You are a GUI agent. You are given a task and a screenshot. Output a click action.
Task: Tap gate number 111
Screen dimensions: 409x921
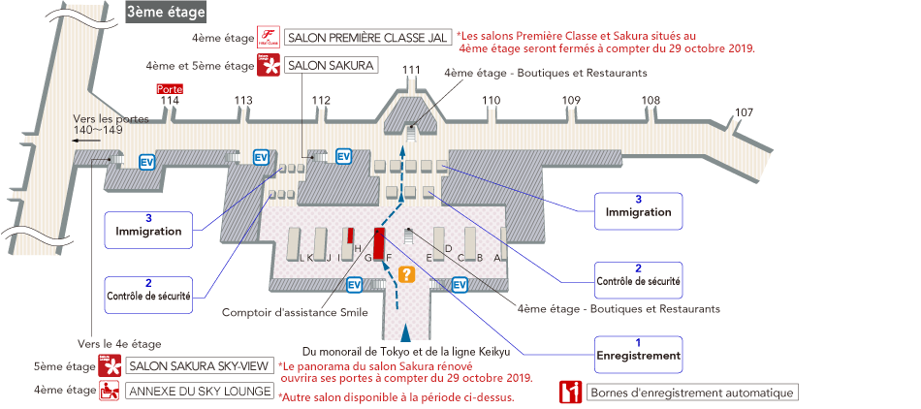[411, 70]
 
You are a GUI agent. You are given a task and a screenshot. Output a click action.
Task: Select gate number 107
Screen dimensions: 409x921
[744, 112]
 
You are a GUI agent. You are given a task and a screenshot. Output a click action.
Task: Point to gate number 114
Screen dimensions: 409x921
[170, 100]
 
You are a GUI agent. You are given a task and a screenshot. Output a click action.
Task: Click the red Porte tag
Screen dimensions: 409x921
[170, 89]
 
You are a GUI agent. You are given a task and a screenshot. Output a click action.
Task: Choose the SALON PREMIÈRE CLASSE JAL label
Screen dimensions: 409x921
[368, 38]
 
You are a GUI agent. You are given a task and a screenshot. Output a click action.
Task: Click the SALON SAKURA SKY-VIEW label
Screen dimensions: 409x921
[199, 367]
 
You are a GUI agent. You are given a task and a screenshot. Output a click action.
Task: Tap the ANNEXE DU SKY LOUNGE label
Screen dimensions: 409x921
[199, 392]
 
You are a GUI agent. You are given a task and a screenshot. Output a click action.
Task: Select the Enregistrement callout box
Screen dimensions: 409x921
[638, 349]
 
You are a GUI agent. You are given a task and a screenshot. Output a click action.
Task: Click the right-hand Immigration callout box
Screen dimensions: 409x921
[638, 205]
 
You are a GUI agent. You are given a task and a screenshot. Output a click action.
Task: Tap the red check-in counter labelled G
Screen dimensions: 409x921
[380, 242]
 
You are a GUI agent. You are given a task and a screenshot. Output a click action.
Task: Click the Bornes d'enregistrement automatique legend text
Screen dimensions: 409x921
[692, 393]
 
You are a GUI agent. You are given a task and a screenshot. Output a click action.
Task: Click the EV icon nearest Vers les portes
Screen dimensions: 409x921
[147, 161]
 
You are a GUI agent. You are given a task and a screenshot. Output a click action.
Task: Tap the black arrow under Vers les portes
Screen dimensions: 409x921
[87, 140]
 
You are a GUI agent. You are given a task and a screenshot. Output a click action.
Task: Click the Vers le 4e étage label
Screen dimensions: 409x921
[119, 344]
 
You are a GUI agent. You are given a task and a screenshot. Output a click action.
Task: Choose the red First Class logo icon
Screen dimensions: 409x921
[269, 38]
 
